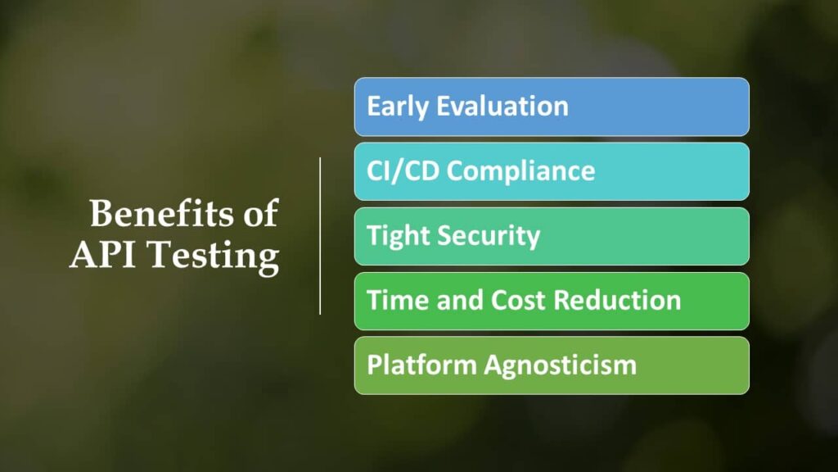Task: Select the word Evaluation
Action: pos(502,106)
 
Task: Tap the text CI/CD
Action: pos(403,171)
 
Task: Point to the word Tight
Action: pos(399,236)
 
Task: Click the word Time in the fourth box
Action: pos(399,300)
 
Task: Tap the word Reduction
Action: pos(617,300)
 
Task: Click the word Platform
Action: pos(421,365)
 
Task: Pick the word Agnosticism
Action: pos(561,365)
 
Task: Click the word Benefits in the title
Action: pos(162,213)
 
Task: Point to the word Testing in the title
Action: pos(214,256)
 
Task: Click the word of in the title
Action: pos(261,213)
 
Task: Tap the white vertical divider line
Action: pos(320,236)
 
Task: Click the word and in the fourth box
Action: pos(460,300)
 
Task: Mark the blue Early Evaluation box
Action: pos(552,107)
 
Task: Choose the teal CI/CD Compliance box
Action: pos(552,171)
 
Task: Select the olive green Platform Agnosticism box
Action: pos(552,365)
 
